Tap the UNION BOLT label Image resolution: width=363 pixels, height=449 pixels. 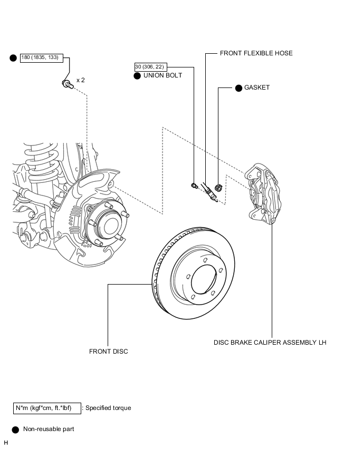(163, 75)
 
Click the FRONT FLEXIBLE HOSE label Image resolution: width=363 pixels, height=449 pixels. (256, 53)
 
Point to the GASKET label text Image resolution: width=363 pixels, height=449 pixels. (257, 87)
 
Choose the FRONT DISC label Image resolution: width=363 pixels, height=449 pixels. (108, 352)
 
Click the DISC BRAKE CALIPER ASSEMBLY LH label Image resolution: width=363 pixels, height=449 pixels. (270, 343)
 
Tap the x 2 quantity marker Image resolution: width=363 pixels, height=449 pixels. (81, 80)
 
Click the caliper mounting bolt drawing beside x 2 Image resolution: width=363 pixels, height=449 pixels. (68, 84)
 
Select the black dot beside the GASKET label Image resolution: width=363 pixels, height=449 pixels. (238, 88)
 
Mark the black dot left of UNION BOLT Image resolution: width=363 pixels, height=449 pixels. (137, 76)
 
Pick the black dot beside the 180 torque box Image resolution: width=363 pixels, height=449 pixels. (13, 58)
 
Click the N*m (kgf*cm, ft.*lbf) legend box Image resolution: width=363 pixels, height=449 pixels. (47, 408)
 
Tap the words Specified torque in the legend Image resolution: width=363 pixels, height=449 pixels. (108, 408)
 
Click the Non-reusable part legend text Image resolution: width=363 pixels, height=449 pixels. (49, 429)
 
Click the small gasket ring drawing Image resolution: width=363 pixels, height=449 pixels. (218, 188)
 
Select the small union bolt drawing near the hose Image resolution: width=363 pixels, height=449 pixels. (194, 186)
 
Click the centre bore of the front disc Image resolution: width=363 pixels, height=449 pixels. (203, 279)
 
